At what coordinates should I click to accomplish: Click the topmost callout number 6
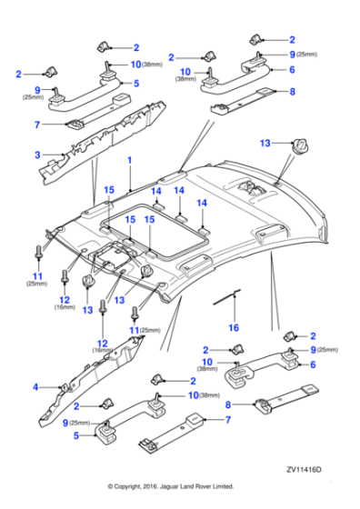[292, 69]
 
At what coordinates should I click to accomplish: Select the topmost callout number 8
[292, 92]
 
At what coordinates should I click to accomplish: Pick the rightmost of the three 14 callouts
[203, 204]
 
